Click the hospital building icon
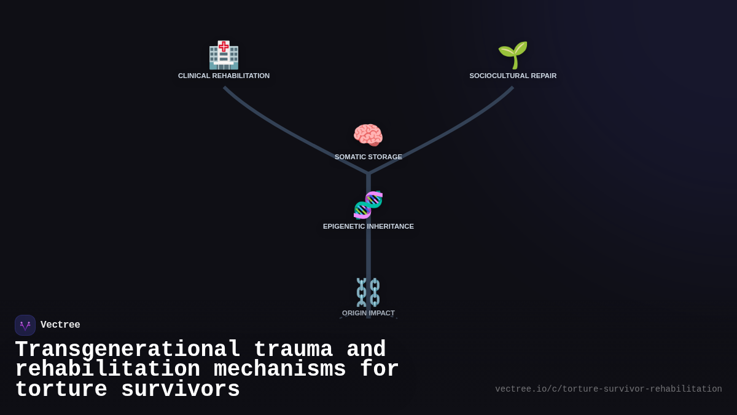click(x=224, y=55)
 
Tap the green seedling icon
click(x=513, y=55)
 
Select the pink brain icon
click(x=368, y=135)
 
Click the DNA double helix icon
click(x=368, y=205)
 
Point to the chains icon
click(x=368, y=292)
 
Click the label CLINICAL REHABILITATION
click(x=224, y=76)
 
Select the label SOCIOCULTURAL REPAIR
click(x=513, y=76)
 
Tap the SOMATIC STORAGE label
click(x=368, y=157)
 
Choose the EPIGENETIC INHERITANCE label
click(x=368, y=226)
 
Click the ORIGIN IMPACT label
click(x=368, y=313)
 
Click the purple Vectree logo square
click(x=25, y=325)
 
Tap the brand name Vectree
click(x=60, y=325)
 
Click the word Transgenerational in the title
click(x=127, y=350)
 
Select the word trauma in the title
click(x=293, y=350)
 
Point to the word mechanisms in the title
click(x=280, y=370)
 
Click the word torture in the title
click(x=61, y=390)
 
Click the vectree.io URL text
click(x=608, y=389)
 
